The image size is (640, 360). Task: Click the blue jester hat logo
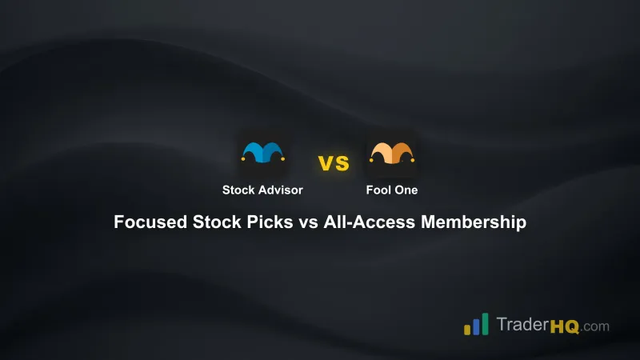pyautogui.click(x=263, y=154)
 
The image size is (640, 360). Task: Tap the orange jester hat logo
pyautogui.click(x=391, y=154)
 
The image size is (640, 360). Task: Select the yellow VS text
pyautogui.click(x=334, y=164)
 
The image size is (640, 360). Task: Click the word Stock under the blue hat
pyautogui.click(x=239, y=190)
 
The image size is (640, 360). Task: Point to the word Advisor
pyautogui.click(x=280, y=190)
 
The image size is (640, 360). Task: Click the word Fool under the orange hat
pyautogui.click(x=379, y=190)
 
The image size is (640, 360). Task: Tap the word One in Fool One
pyautogui.click(x=406, y=190)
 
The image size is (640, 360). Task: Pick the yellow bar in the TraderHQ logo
pyautogui.click(x=467, y=329)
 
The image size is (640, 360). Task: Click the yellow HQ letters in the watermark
pyautogui.click(x=564, y=326)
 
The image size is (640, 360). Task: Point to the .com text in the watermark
pyautogui.click(x=594, y=326)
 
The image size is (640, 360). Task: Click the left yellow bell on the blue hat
pyautogui.click(x=242, y=159)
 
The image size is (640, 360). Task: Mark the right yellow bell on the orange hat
pyautogui.click(x=412, y=159)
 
